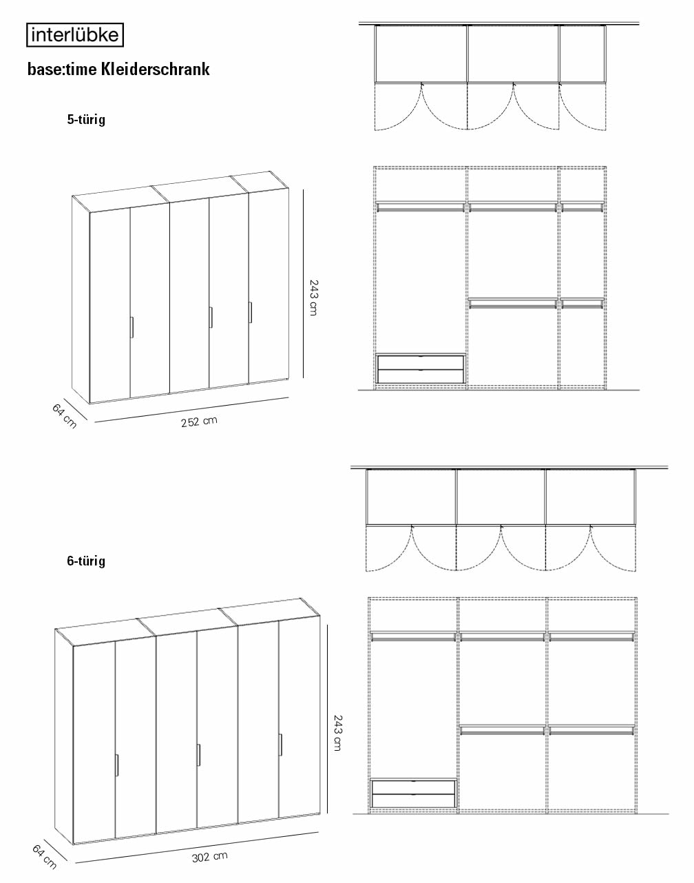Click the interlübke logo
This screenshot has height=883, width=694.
click(75, 35)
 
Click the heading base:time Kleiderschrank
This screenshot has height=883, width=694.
click(118, 69)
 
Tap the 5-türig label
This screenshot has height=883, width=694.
click(86, 119)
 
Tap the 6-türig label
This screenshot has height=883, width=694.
click(86, 561)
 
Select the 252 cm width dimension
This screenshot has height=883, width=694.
click(199, 422)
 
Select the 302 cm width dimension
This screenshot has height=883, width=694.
click(209, 857)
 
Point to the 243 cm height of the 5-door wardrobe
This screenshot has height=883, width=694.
click(314, 298)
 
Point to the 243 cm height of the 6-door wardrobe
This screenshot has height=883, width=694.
click(337, 734)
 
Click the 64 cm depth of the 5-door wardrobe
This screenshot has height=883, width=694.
click(65, 416)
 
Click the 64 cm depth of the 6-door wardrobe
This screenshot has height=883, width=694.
click(44, 857)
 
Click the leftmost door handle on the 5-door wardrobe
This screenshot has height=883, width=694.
click(132, 327)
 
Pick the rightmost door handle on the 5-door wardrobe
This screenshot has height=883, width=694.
click(250, 313)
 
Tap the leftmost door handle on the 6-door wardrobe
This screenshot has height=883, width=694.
click(117, 765)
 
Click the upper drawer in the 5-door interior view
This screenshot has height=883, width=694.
click(421, 363)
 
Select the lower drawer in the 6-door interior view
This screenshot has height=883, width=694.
click(413, 800)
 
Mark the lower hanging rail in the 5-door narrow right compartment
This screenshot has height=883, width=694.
click(582, 303)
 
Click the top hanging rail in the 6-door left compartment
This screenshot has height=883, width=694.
click(413, 636)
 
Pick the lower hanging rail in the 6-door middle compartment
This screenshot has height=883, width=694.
click(503, 730)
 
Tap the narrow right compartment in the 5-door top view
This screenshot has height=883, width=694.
click(583, 54)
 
